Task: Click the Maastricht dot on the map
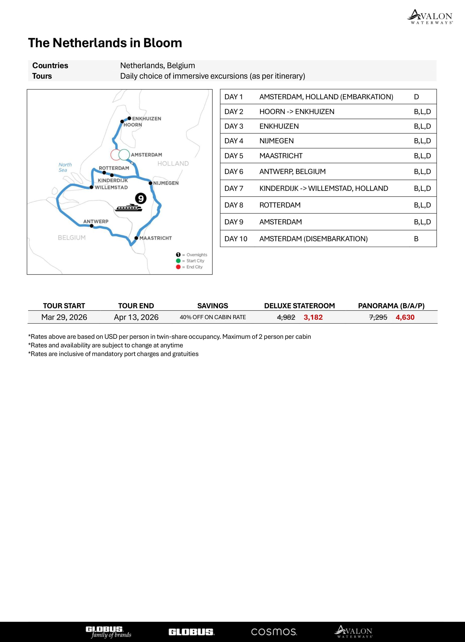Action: (136, 238)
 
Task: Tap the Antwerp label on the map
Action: (96, 221)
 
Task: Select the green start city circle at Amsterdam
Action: (124, 155)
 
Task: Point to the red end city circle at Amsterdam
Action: (115, 155)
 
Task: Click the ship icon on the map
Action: (129, 208)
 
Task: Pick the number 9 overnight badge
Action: (141, 198)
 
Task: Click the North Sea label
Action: (65, 167)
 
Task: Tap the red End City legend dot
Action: (178, 267)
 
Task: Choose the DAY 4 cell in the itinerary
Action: (234, 141)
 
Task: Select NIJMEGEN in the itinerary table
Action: (276, 141)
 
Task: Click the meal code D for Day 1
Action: (416, 97)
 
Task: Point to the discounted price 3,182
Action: (313, 317)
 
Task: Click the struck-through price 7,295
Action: (378, 317)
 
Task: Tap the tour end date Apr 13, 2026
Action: (136, 317)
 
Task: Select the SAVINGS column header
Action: (212, 306)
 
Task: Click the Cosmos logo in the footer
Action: (274, 632)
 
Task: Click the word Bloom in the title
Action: (163, 43)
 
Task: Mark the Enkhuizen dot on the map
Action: (129, 118)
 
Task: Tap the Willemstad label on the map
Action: (111, 187)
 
